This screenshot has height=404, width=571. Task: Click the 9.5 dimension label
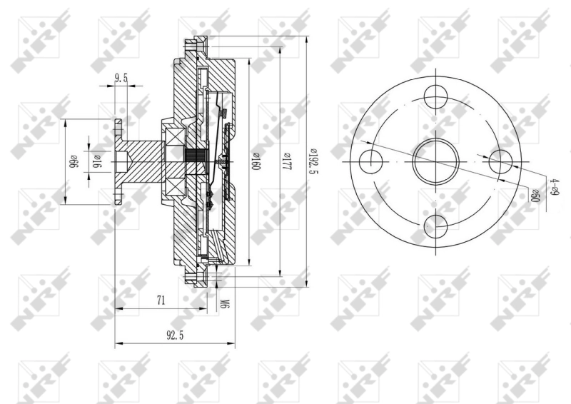point(120,79)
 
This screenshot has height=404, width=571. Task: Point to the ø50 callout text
point(533,193)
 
